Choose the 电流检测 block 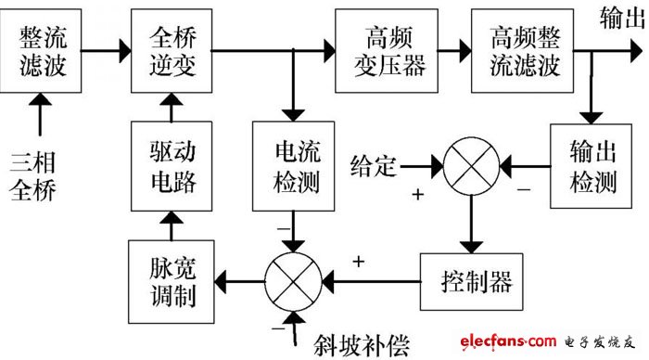[x=296, y=168]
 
